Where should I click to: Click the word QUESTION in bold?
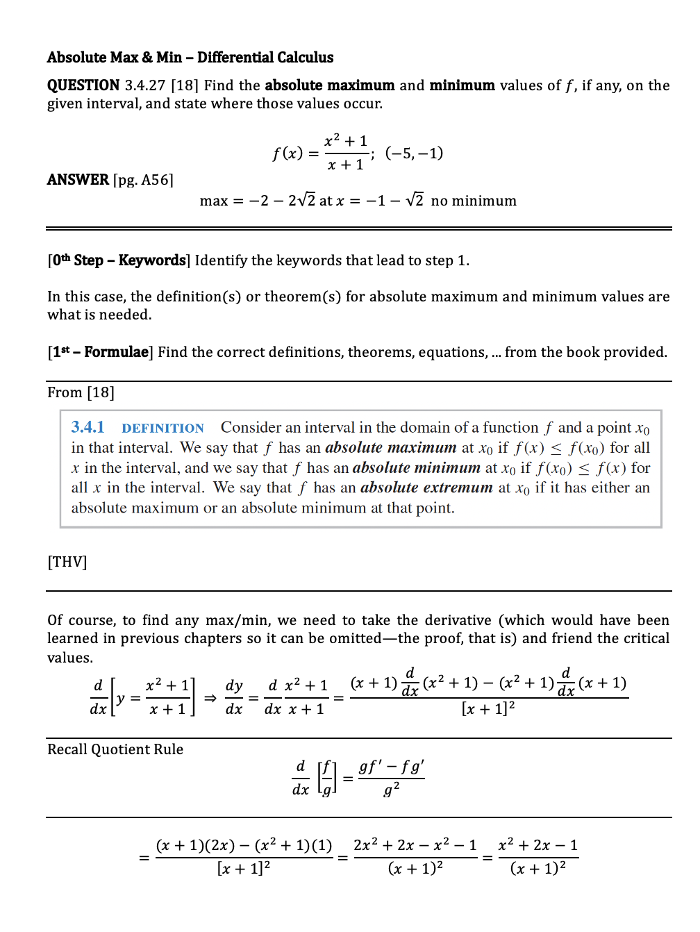click(x=83, y=85)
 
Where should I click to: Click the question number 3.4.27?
click(x=145, y=85)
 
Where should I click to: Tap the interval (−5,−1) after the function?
click(x=414, y=153)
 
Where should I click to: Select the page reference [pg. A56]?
click(x=143, y=180)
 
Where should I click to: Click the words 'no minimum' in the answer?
click(x=474, y=201)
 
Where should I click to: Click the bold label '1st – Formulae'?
click(x=101, y=352)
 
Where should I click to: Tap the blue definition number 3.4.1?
click(x=87, y=427)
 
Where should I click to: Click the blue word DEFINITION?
click(x=162, y=428)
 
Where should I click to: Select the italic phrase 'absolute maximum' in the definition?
click(x=390, y=448)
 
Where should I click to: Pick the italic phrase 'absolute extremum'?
click(x=426, y=488)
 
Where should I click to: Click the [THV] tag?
click(x=67, y=562)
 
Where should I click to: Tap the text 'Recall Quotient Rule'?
click(x=115, y=749)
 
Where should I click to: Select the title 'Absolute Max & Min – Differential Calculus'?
click(x=190, y=58)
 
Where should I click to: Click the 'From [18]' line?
click(x=81, y=392)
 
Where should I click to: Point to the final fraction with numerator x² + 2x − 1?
click(x=538, y=856)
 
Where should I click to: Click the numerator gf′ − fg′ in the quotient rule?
click(x=391, y=767)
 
